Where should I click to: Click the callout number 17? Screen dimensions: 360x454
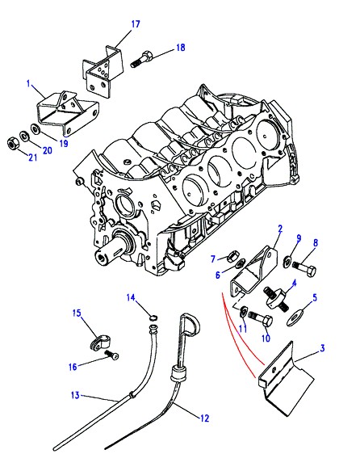click(x=136, y=24)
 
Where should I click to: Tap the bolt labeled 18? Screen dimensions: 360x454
click(x=141, y=59)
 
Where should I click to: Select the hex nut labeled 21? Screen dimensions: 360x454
click(x=12, y=143)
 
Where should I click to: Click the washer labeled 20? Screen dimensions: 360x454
click(x=23, y=135)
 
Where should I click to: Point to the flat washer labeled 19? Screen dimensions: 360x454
click(x=36, y=128)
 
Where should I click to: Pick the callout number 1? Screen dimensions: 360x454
click(x=28, y=84)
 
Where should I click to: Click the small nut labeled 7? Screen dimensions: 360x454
click(x=233, y=256)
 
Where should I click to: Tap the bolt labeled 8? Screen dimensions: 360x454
click(x=304, y=269)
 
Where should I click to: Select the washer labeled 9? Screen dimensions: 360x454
click(x=287, y=261)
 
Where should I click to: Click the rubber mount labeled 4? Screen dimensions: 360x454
click(x=275, y=298)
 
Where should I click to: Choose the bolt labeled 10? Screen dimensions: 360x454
click(x=261, y=318)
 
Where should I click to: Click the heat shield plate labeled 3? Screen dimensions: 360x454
click(x=286, y=380)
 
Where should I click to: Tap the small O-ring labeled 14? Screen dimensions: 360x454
click(x=153, y=317)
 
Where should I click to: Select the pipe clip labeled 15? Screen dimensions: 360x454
click(x=99, y=342)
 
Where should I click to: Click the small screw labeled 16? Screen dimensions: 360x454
click(x=111, y=355)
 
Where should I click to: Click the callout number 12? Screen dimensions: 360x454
click(x=204, y=418)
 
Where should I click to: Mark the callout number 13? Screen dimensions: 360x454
click(x=75, y=395)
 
